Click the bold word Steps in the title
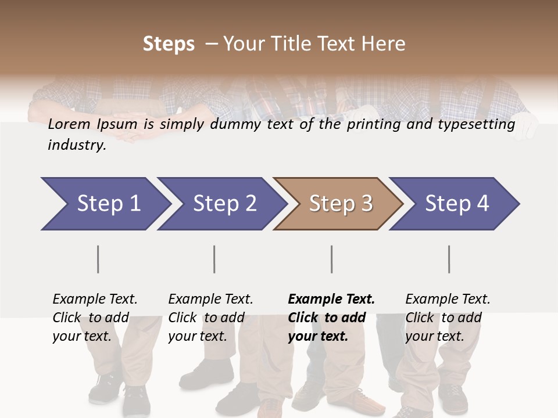[x=169, y=44]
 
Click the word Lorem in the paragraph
[x=69, y=124]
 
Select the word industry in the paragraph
[x=76, y=145]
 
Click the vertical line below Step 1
[x=98, y=259]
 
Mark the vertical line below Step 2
[x=214, y=259]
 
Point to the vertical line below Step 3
[x=331, y=259]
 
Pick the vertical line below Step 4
[x=449, y=259]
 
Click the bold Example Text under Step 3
[x=331, y=299]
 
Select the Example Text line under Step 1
[x=95, y=299]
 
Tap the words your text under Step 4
[x=435, y=336]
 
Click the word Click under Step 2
[x=183, y=318]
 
